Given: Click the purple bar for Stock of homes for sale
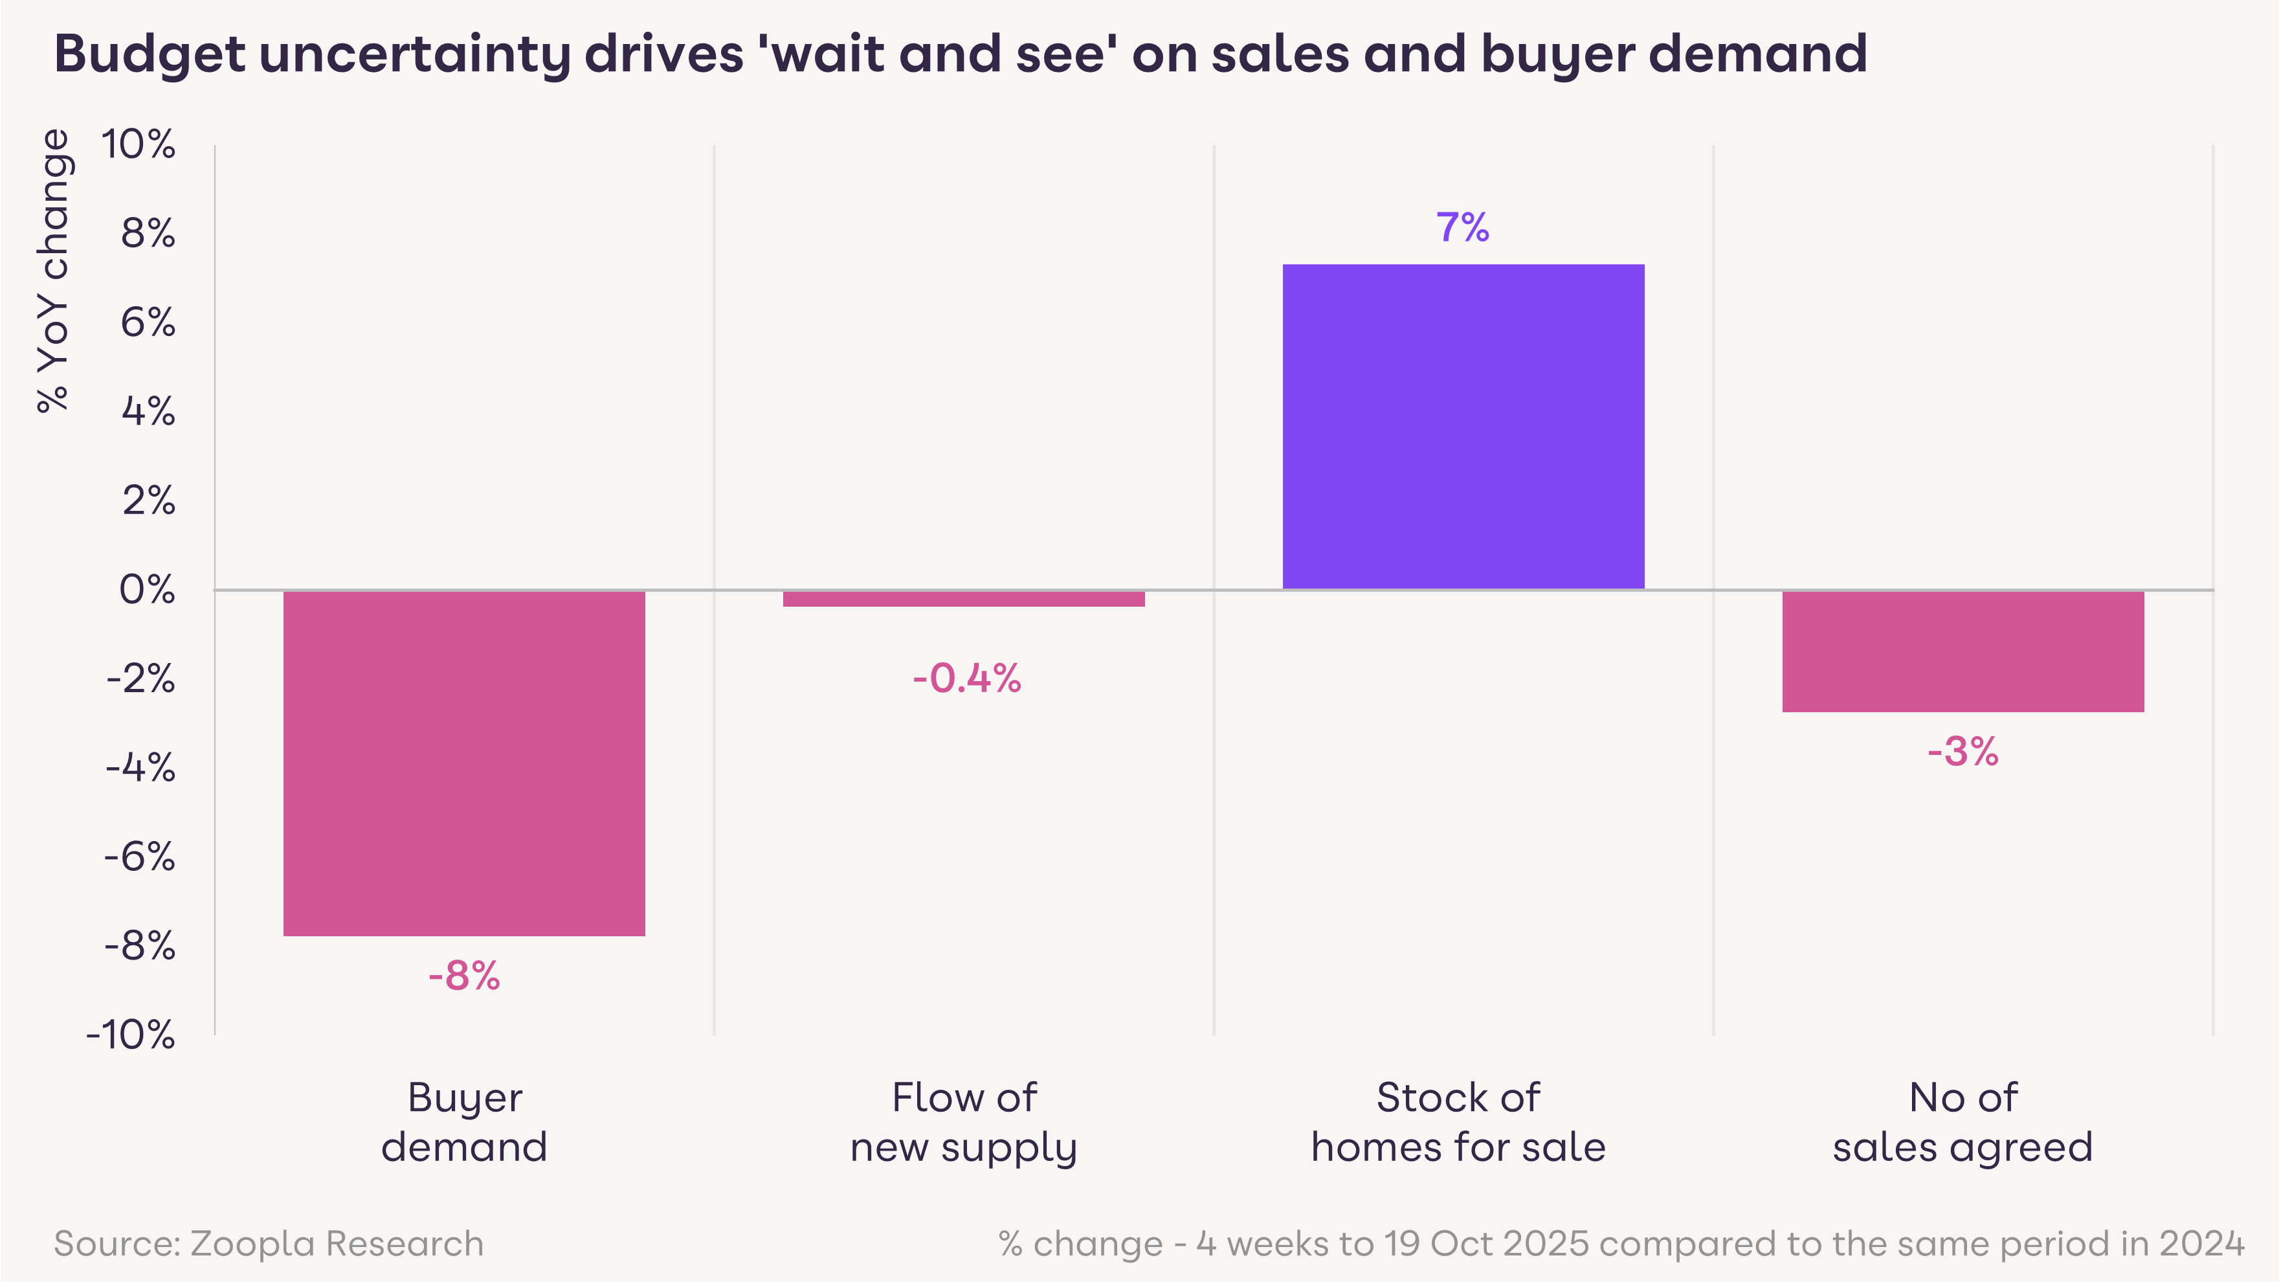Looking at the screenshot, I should tap(1463, 427).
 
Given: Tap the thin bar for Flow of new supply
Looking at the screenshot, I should tap(963, 599).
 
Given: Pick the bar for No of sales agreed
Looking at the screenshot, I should tap(1963, 651).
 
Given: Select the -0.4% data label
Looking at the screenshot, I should tap(966, 679).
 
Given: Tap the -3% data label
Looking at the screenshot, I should tap(1962, 751).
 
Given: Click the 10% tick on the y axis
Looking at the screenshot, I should tap(138, 144).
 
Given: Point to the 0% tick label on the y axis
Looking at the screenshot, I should tap(147, 589).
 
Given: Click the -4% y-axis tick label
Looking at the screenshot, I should tap(140, 767).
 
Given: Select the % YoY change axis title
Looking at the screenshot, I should tap(53, 270).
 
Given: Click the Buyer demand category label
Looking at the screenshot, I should tap(465, 1122).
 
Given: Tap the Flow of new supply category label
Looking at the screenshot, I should tap(963, 1122).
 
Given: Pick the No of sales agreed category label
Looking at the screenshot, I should tap(1962, 1122).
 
